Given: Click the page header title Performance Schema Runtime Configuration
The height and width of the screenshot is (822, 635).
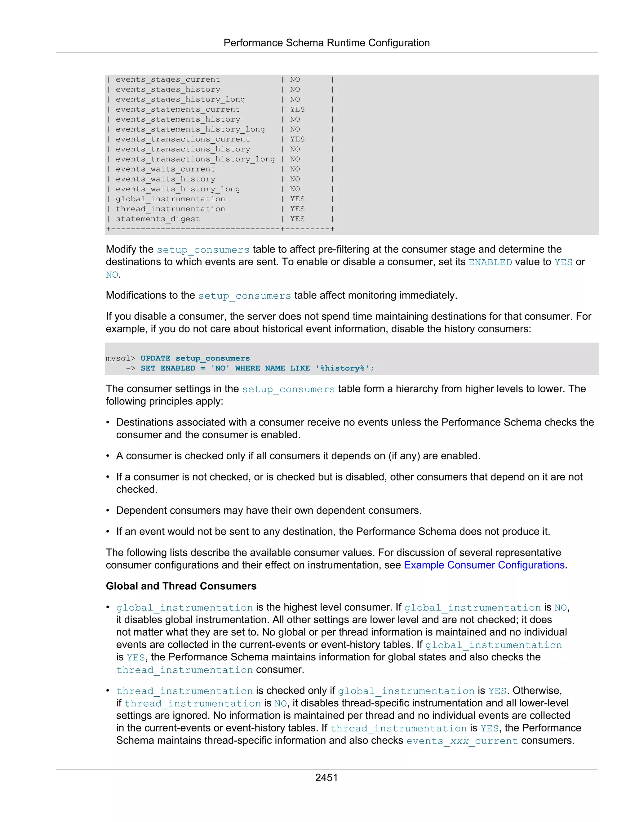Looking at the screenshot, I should (326, 43).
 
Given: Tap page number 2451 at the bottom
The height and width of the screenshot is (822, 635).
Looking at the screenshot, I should (326, 777).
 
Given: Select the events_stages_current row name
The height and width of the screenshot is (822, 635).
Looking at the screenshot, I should (167, 79).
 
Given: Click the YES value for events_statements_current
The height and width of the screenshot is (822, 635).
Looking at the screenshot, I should (297, 109).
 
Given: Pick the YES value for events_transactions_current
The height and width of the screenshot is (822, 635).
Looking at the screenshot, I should (297, 139).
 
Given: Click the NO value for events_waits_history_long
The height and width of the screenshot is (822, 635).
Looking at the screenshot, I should (295, 189).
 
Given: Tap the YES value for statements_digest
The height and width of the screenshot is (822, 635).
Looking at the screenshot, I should (297, 219).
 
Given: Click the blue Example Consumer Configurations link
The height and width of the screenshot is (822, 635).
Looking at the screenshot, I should (484, 565).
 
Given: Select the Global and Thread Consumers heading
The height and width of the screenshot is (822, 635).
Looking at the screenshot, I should (181, 586).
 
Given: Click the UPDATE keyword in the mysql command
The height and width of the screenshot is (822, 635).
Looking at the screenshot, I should (155, 358).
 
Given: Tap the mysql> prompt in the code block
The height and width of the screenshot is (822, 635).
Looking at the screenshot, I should (120, 358).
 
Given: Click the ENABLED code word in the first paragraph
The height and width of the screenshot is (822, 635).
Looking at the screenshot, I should (490, 262).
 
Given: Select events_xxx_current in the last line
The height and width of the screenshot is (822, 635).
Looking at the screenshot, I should (462, 741).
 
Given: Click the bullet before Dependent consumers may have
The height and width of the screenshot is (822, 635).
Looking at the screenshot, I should (108, 511).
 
